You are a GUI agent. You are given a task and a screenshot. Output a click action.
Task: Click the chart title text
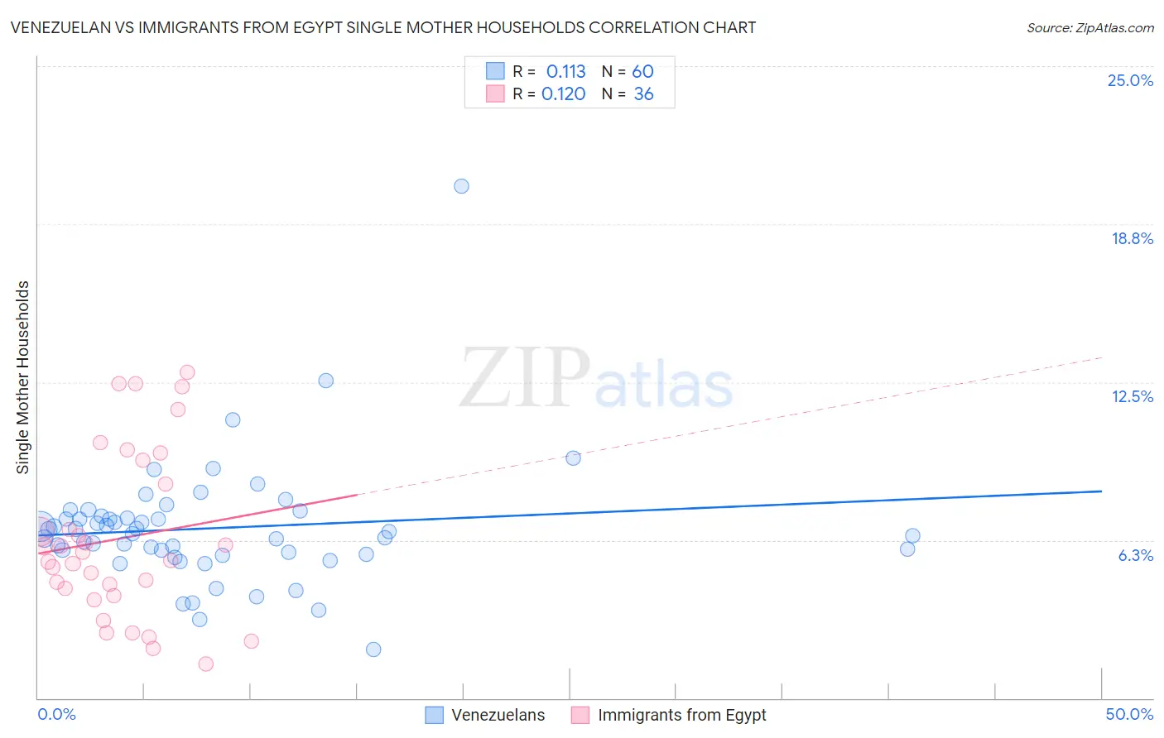(x=382, y=27)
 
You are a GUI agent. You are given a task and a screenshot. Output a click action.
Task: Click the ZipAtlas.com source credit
(x=1089, y=27)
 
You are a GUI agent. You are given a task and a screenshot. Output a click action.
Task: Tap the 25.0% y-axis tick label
(x=1130, y=80)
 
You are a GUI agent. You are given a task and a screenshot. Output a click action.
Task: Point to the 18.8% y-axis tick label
(x=1132, y=238)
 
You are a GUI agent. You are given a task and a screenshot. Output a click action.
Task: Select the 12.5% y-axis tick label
(x=1132, y=396)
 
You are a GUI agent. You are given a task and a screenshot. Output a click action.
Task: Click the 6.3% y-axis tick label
(x=1135, y=555)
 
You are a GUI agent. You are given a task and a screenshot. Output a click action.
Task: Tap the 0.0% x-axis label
(x=56, y=714)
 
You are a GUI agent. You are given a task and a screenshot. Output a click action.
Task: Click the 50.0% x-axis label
(x=1129, y=714)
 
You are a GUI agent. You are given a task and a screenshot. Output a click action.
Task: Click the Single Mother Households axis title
(x=23, y=377)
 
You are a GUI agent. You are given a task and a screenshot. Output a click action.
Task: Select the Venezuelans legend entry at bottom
(x=498, y=715)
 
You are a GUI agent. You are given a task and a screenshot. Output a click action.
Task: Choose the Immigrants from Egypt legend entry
(x=681, y=715)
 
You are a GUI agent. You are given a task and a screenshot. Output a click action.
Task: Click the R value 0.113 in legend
(x=565, y=72)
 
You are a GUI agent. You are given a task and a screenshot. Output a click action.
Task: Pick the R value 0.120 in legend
(x=563, y=94)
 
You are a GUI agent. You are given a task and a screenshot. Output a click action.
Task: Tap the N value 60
(x=642, y=72)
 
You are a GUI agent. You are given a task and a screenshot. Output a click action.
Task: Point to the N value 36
(x=643, y=94)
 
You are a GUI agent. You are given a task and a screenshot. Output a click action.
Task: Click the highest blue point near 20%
(x=461, y=186)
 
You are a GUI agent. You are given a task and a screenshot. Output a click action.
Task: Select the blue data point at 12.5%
(x=326, y=381)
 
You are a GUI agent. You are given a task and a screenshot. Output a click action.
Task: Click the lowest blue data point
(x=373, y=649)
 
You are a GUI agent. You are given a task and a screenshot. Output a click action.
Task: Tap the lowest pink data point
(x=206, y=664)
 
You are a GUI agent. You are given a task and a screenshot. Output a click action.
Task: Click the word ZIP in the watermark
(x=524, y=377)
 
